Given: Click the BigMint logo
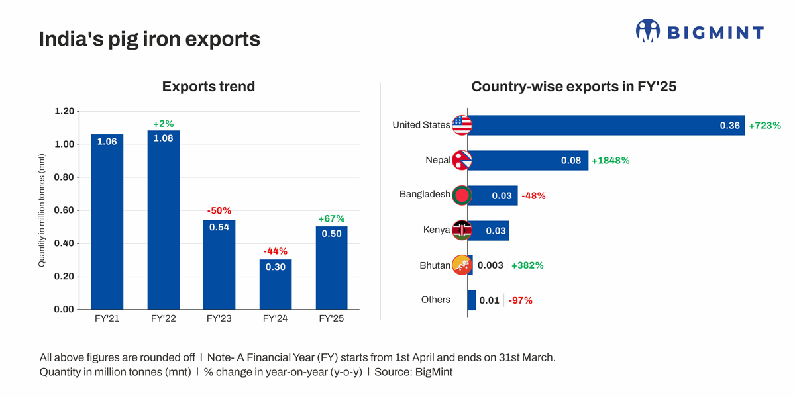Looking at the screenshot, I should pyautogui.click(x=700, y=31).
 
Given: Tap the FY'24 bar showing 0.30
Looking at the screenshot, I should pyautogui.click(x=276, y=285).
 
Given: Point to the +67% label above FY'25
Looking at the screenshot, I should pyautogui.click(x=331, y=218).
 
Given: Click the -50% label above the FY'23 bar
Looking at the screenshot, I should pyautogui.click(x=219, y=211).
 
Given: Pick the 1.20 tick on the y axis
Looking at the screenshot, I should pyautogui.click(x=64, y=111).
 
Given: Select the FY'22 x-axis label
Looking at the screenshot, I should pyautogui.click(x=163, y=318).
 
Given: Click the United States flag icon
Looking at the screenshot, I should pyautogui.click(x=462, y=125).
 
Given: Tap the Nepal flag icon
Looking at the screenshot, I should pyautogui.click(x=462, y=160).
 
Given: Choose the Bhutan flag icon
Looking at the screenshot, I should pyautogui.click(x=462, y=265).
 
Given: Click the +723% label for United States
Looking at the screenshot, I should pyautogui.click(x=765, y=126).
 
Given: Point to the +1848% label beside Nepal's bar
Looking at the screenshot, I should pyautogui.click(x=610, y=161).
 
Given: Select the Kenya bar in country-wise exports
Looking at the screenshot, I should pyautogui.click(x=489, y=231).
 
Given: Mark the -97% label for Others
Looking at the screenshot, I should pyautogui.click(x=520, y=300).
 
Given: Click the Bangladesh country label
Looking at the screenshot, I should pyautogui.click(x=425, y=195).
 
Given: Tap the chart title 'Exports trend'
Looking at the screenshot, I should pyautogui.click(x=209, y=87).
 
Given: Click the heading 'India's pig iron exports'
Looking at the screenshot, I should pyautogui.click(x=150, y=39).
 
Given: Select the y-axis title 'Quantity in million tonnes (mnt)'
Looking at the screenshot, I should pyautogui.click(x=42, y=210).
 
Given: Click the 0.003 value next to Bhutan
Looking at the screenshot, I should pyautogui.click(x=490, y=265).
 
